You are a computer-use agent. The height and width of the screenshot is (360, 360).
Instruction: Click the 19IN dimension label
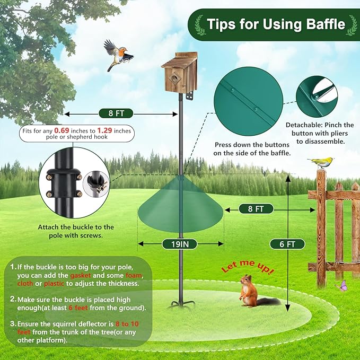(x=180, y=244)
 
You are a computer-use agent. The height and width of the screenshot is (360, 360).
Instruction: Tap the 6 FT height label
(x=289, y=244)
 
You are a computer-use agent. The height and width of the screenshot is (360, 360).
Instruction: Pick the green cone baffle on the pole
(x=180, y=207)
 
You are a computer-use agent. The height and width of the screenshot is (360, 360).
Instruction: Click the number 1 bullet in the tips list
(x=12, y=267)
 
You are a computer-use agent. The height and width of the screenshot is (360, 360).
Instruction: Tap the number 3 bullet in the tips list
(x=12, y=323)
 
